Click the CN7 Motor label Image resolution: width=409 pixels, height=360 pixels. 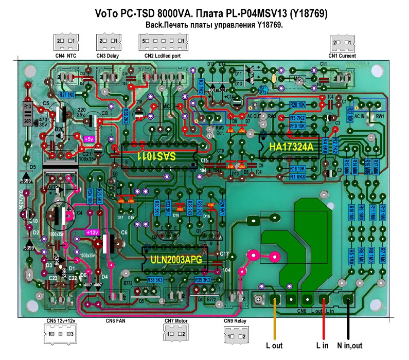174,321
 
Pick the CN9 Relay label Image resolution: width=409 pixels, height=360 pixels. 236,321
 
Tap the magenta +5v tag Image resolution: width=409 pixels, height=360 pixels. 89,138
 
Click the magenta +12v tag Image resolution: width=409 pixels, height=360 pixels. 92,232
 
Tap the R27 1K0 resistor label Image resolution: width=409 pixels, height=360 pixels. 67,95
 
